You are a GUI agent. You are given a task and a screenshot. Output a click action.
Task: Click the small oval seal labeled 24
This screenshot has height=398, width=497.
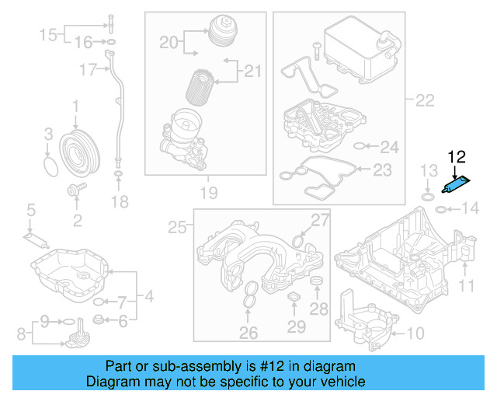click(x=359, y=146)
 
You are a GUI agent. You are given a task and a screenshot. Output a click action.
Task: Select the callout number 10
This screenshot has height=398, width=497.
click(x=415, y=334)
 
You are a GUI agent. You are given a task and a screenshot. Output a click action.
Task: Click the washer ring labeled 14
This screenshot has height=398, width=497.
click(x=440, y=209)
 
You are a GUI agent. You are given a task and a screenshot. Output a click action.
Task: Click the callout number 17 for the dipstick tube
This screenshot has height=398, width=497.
click(x=87, y=70)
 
